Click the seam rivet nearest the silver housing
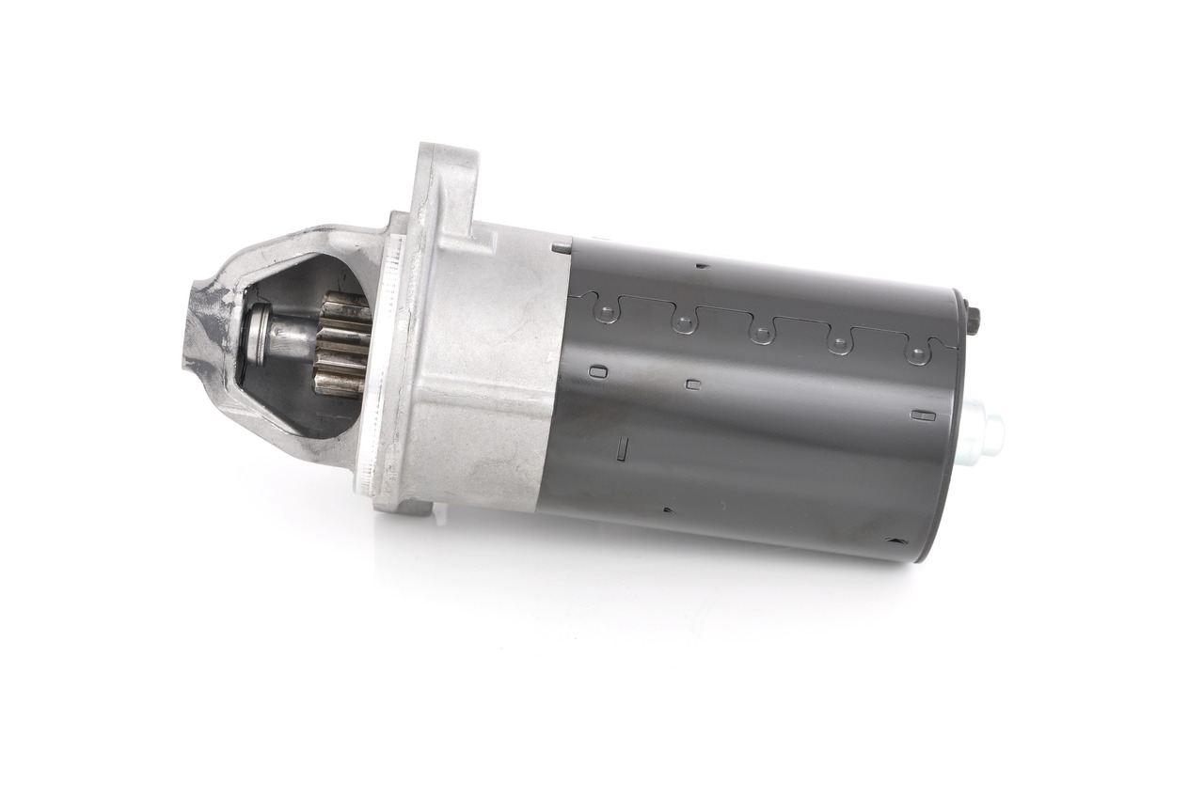pos(607,312)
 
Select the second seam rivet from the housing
pos(683,324)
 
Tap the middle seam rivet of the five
pos(760,334)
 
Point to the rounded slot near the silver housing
pos(595,371)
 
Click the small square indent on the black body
pos(693,384)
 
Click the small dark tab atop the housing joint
pos(562,247)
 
